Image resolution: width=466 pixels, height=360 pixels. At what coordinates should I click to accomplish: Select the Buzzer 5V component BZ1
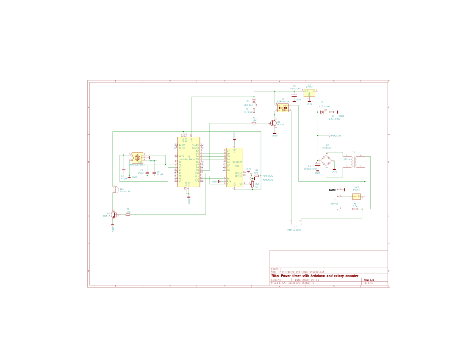[x=114, y=190]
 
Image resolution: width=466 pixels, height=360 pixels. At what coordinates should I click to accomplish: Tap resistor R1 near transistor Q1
[x=128, y=215]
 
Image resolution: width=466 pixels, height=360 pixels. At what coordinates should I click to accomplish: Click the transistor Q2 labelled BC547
[x=274, y=123]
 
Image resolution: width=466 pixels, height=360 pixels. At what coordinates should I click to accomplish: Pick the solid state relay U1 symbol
[x=283, y=108]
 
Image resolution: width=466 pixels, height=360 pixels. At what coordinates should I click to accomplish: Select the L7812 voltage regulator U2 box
[x=309, y=94]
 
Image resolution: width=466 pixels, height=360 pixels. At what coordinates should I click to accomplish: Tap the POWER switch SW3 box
[x=356, y=197]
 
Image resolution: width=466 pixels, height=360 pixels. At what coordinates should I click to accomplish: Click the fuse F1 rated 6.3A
[x=355, y=209]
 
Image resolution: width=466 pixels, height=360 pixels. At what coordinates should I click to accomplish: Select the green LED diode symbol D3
[x=322, y=112]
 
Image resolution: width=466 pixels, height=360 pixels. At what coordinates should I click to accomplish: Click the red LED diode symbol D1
[x=254, y=102]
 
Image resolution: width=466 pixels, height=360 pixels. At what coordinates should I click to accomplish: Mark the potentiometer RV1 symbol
[x=252, y=184]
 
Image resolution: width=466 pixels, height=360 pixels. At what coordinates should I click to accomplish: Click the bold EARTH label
[x=333, y=190]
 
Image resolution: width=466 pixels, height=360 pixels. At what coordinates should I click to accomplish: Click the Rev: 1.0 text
[x=369, y=280]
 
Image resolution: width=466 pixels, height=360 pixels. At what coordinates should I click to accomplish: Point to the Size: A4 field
[x=276, y=280]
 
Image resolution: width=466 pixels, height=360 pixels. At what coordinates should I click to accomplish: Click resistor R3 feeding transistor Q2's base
[x=254, y=123]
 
